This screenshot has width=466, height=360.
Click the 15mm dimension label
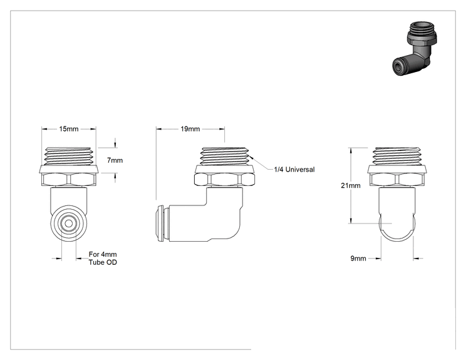[x=69, y=129]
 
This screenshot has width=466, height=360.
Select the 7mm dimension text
[x=115, y=160]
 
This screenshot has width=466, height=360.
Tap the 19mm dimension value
[x=190, y=129]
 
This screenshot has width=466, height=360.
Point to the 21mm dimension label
[x=351, y=185]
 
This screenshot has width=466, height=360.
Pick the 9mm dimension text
[x=358, y=259]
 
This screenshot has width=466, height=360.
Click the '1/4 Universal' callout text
[x=294, y=170]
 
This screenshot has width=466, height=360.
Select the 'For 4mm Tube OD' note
[x=103, y=259]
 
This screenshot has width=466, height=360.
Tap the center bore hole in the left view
[x=69, y=224]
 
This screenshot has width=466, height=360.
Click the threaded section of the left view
[x=69, y=157]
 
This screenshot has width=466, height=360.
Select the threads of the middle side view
[x=225, y=157]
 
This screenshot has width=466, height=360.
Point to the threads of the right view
[x=398, y=157]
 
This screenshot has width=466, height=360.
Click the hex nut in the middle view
[x=225, y=180]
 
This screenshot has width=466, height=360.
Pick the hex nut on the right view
[x=398, y=180]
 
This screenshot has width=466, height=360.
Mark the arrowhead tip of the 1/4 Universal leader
[x=250, y=156]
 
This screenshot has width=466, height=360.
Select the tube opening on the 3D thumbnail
[x=398, y=66]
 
